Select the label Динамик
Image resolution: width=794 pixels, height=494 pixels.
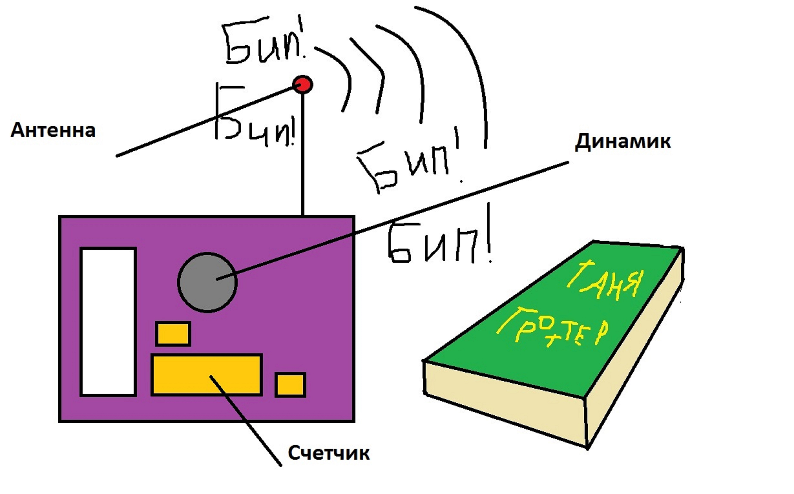[622, 141]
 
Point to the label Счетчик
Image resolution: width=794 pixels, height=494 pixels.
[329, 453]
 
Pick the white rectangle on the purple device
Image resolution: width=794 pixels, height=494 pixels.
[108, 322]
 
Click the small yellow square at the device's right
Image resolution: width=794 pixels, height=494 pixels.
[290, 385]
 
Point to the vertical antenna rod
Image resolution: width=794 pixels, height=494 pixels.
[303, 154]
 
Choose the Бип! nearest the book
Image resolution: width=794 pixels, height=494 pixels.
[438, 242]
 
